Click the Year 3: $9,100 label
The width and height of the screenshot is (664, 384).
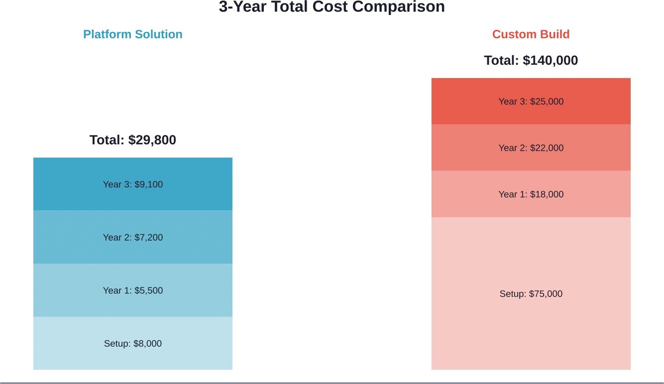click(x=133, y=185)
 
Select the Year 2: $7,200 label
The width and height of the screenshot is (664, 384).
click(x=133, y=237)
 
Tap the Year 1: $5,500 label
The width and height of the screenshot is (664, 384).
click(x=133, y=290)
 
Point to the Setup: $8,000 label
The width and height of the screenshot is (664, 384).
click(x=133, y=344)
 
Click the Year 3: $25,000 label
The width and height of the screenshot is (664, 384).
click(x=531, y=101)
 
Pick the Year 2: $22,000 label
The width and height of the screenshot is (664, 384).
click(x=531, y=148)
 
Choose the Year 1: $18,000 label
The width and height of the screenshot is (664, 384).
click(x=531, y=194)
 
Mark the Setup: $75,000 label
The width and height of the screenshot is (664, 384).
click(x=531, y=294)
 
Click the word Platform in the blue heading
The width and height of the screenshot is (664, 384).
click(x=107, y=34)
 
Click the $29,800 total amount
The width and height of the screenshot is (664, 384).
click(x=152, y=141)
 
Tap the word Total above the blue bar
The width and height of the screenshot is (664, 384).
click(x=106, y=141)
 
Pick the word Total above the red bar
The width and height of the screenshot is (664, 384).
click(x=501, y=61)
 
